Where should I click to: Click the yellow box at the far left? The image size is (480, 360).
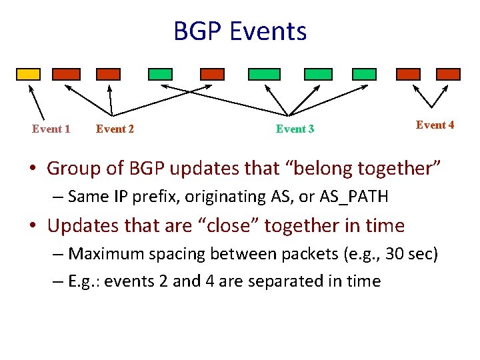tap(27, 74)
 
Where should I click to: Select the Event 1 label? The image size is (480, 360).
tap(51, 129)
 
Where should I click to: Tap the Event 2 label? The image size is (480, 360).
tap(115, 129)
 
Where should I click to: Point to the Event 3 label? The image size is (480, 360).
tap(295, 129)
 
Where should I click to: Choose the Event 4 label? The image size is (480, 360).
tap(435, 125)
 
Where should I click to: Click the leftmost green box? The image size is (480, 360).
tap(160, 74)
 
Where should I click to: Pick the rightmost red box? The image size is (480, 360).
tap(448, 74)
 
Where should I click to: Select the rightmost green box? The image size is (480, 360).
tap(364, 74)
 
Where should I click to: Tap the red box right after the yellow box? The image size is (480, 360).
tap(67, 74)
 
